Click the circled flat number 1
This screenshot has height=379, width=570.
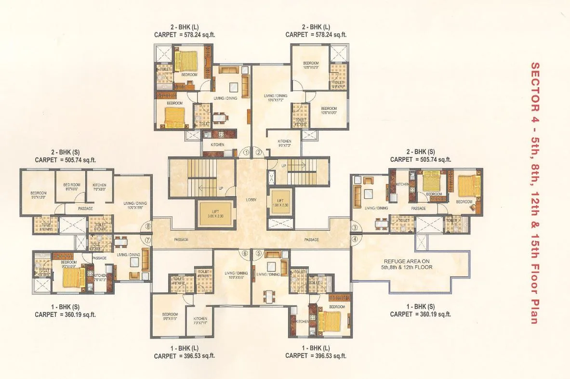246,152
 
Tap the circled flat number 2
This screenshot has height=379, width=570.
259,152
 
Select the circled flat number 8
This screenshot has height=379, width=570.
148,226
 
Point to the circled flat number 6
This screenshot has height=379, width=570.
245,253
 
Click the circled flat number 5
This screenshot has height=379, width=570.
258,253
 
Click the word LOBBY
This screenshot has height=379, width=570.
251,198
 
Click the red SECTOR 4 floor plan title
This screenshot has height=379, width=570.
534,193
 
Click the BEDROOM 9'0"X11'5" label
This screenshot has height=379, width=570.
170,317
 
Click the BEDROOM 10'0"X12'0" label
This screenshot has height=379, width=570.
311,65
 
